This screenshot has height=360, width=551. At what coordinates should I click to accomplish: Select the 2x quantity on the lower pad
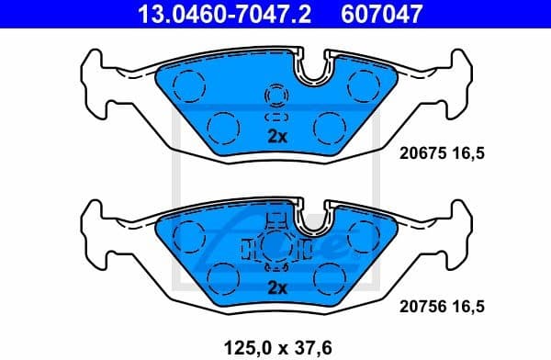pyautogui.click(x=277, y=288)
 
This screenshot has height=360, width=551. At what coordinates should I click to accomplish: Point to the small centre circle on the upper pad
pyautogui.click(x=276, y=95)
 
